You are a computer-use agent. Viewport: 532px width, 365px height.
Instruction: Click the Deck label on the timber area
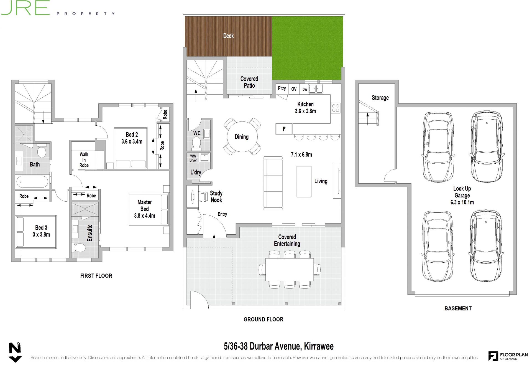click(228, 36)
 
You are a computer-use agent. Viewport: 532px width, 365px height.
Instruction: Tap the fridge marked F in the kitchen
click(284, 129)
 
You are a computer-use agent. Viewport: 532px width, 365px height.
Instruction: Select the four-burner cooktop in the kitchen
click(336, 108)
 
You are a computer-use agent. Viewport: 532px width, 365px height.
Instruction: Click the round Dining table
click(242, 137)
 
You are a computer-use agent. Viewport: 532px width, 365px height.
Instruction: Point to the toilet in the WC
click(196, 142)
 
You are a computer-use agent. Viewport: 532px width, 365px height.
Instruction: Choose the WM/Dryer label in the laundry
click(193, 158)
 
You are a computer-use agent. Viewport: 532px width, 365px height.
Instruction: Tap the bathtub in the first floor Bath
click(32, 182)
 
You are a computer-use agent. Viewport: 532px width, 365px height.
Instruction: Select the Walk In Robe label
click(84, 160)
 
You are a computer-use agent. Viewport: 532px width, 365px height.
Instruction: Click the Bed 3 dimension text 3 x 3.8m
click(41, 235)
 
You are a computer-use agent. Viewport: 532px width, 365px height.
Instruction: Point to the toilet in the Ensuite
click(80, 248)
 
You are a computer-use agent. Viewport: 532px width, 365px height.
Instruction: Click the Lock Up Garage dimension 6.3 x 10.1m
click(462, 202)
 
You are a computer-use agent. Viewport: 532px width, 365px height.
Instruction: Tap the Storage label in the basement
click(380, 98)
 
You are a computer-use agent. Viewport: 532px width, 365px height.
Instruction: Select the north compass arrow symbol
click(15, 352)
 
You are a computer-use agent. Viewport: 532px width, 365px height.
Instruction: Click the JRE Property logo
click(58, 8)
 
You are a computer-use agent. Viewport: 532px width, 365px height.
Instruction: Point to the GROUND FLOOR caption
click(264, 320)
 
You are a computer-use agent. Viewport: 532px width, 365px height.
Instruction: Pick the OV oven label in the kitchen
click(294, 89)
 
